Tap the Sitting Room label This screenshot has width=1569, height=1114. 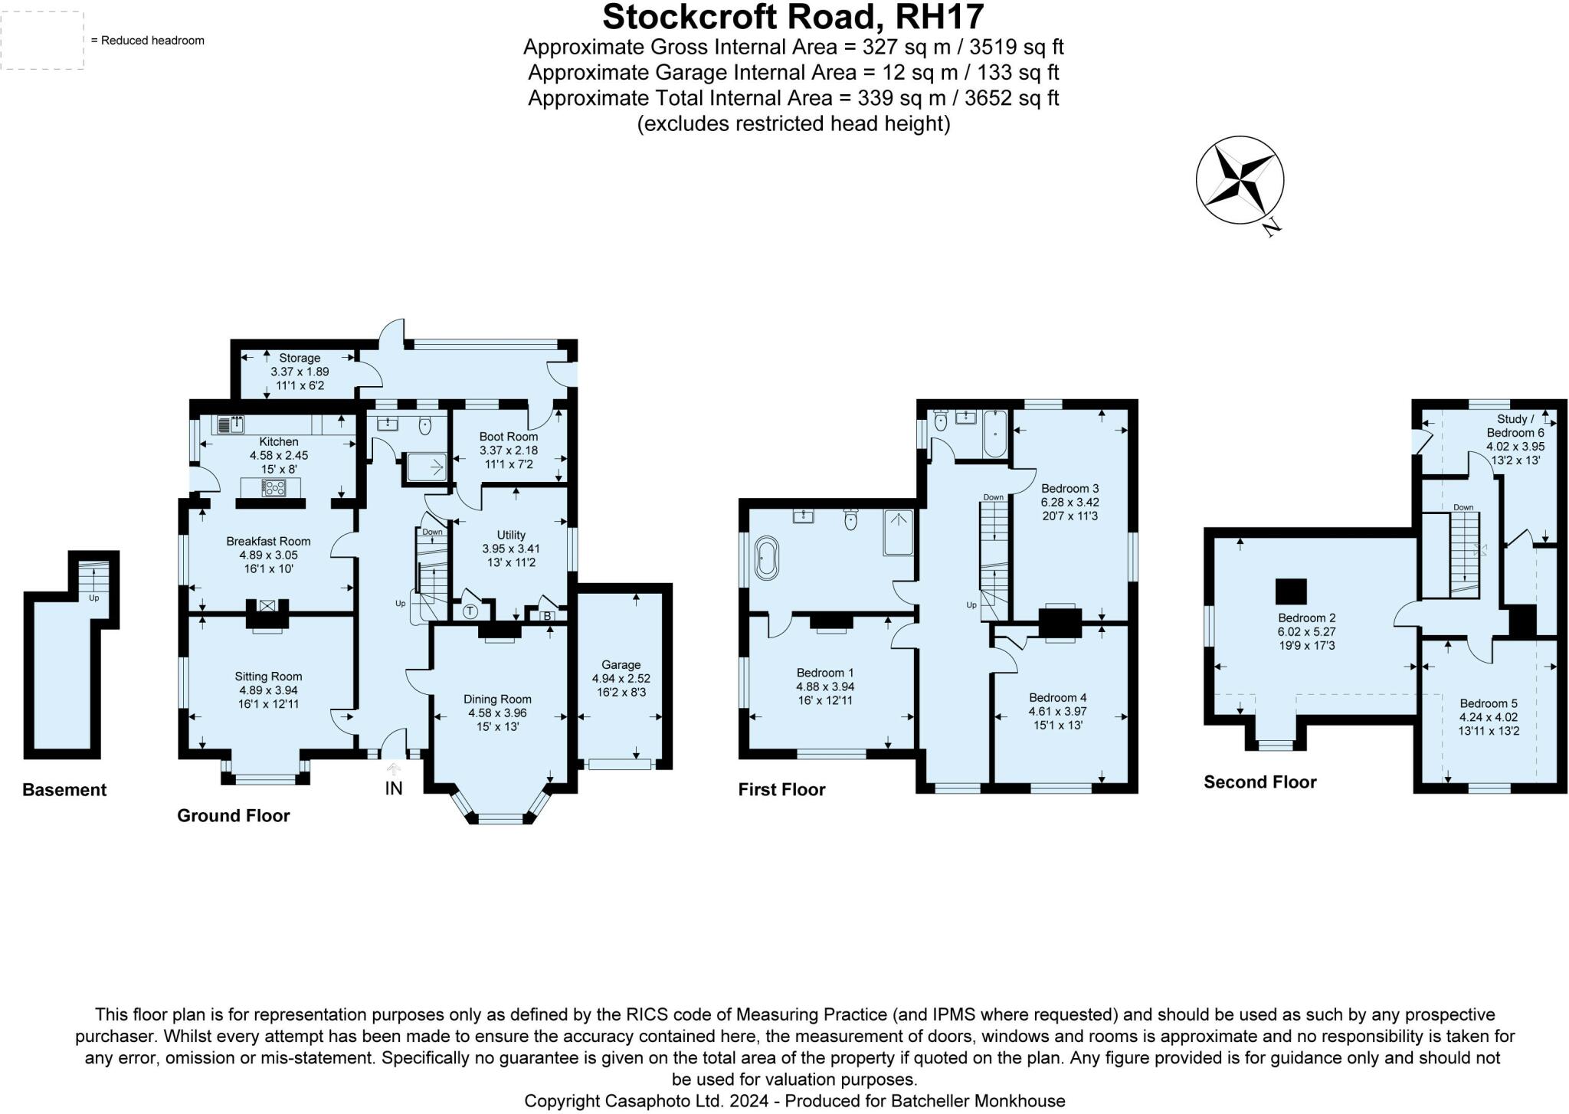click(268, 677)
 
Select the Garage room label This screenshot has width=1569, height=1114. click(621, 665)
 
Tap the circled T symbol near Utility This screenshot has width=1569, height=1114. click(470, 612)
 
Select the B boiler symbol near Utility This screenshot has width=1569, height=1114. click(547, 616)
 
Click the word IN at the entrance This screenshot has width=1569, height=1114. click(393, 788)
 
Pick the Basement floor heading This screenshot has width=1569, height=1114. click(64, 790)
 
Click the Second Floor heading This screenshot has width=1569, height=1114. click(1259, 782)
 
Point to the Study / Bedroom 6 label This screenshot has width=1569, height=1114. click(1515, 426)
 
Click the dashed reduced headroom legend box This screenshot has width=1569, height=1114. click(42, 41)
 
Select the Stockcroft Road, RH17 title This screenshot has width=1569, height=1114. click(793, 17)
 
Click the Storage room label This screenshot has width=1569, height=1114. click(300, 358)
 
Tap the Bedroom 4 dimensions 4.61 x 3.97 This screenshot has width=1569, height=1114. click(1057, 711)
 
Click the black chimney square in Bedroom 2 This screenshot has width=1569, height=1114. click(1291, 592)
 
